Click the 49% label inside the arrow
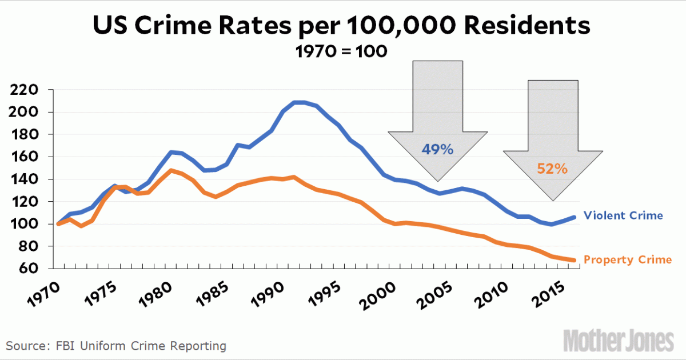click(437, 150)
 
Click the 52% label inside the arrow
click(552, 169)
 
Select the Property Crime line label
click(628, 260)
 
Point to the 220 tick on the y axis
click(23, 90)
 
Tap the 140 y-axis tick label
click(23, 179)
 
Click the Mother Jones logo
click(619, 341)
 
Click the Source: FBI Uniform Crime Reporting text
click(117, 346)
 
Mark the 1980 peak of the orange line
click(170, 170)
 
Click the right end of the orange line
click(574, 260)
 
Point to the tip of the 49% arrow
click(438, 181)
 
